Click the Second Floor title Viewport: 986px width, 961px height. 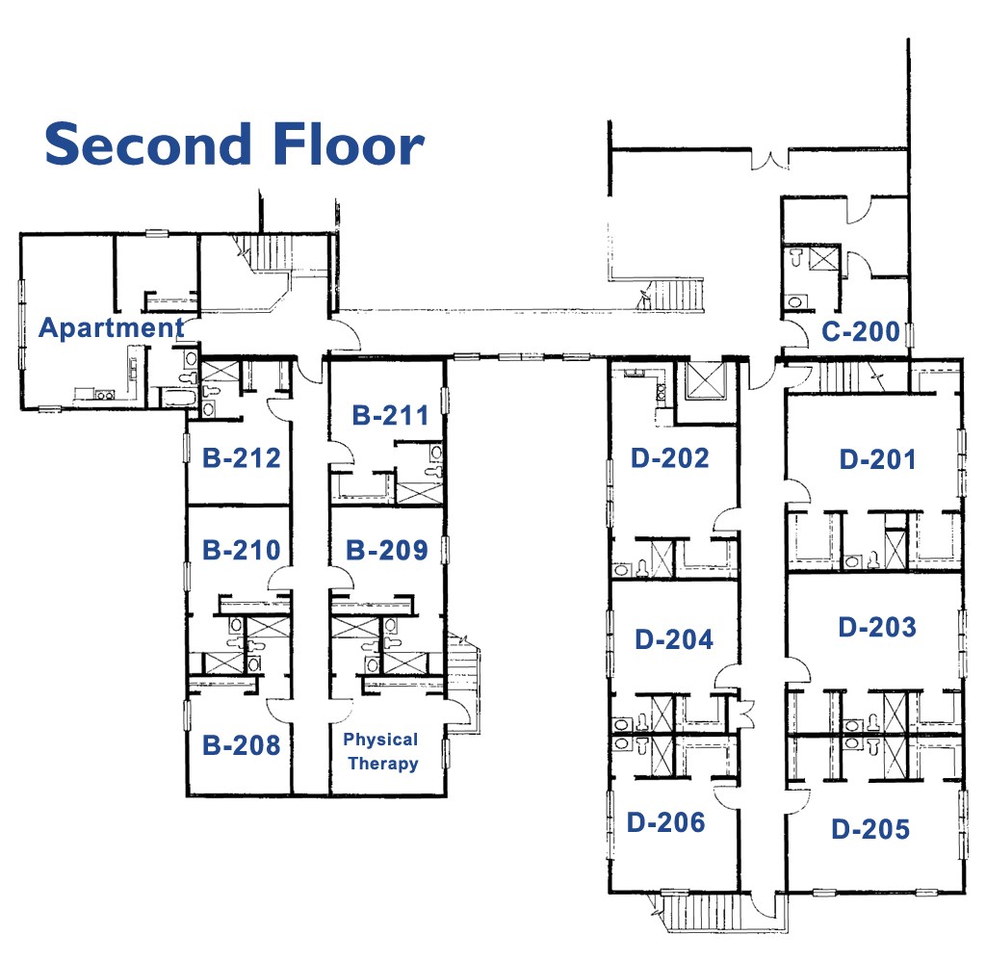234,144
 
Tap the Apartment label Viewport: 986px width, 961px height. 111,328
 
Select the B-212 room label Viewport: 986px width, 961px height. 242,457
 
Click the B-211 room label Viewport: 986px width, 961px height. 390,416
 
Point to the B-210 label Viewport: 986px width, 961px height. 242,550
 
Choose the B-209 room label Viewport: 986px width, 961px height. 387,550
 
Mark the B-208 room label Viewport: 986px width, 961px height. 242,744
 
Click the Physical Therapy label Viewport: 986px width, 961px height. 382,752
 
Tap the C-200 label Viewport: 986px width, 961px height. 861,333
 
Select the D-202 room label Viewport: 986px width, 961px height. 670,457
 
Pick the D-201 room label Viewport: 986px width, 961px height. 877,459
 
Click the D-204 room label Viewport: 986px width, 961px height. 674,638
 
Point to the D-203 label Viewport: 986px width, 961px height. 877,627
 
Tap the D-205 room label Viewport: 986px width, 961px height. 870,828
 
